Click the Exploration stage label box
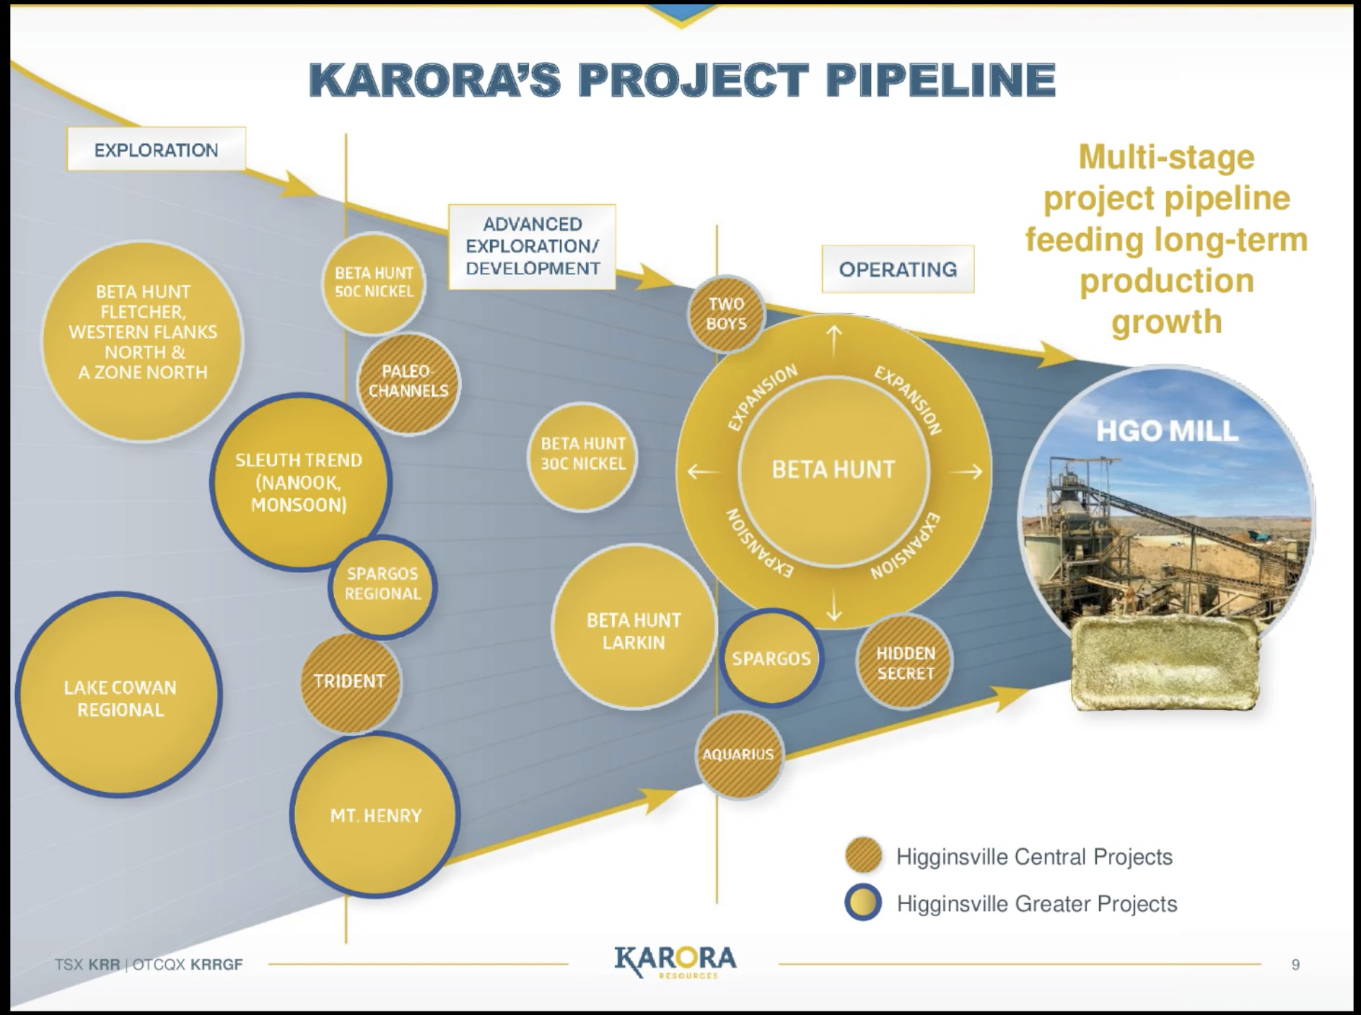[157, 149]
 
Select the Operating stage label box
[898, 269]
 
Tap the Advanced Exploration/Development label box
[533, 247]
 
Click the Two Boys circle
[726, 314]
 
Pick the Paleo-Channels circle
[408, 383]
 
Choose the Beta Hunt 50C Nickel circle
[374, 283]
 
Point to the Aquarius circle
[739, 754]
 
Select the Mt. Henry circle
[375, 814]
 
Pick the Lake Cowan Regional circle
[119, 696]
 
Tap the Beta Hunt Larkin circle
[634, 628]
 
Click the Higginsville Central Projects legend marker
[863, 856]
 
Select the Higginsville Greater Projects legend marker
[863, 902]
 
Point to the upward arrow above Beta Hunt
[834, 341]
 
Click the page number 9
[1295, 964]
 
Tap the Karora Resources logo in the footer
[675, 962]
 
